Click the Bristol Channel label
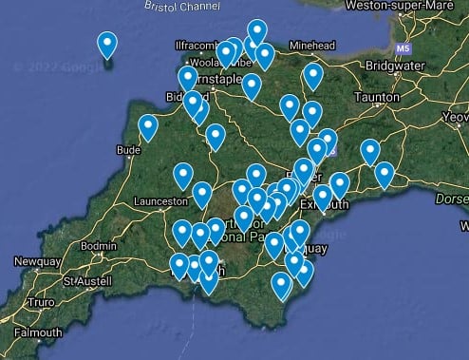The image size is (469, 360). point(181,6)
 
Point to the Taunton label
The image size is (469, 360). point(378,97)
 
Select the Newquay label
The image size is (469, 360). point(36,261)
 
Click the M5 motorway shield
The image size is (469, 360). point(403,47)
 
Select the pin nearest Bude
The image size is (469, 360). point(148,127)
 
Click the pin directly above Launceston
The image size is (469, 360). point(182,175)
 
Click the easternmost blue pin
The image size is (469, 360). point(385,175)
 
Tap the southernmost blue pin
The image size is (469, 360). point(281,285)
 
